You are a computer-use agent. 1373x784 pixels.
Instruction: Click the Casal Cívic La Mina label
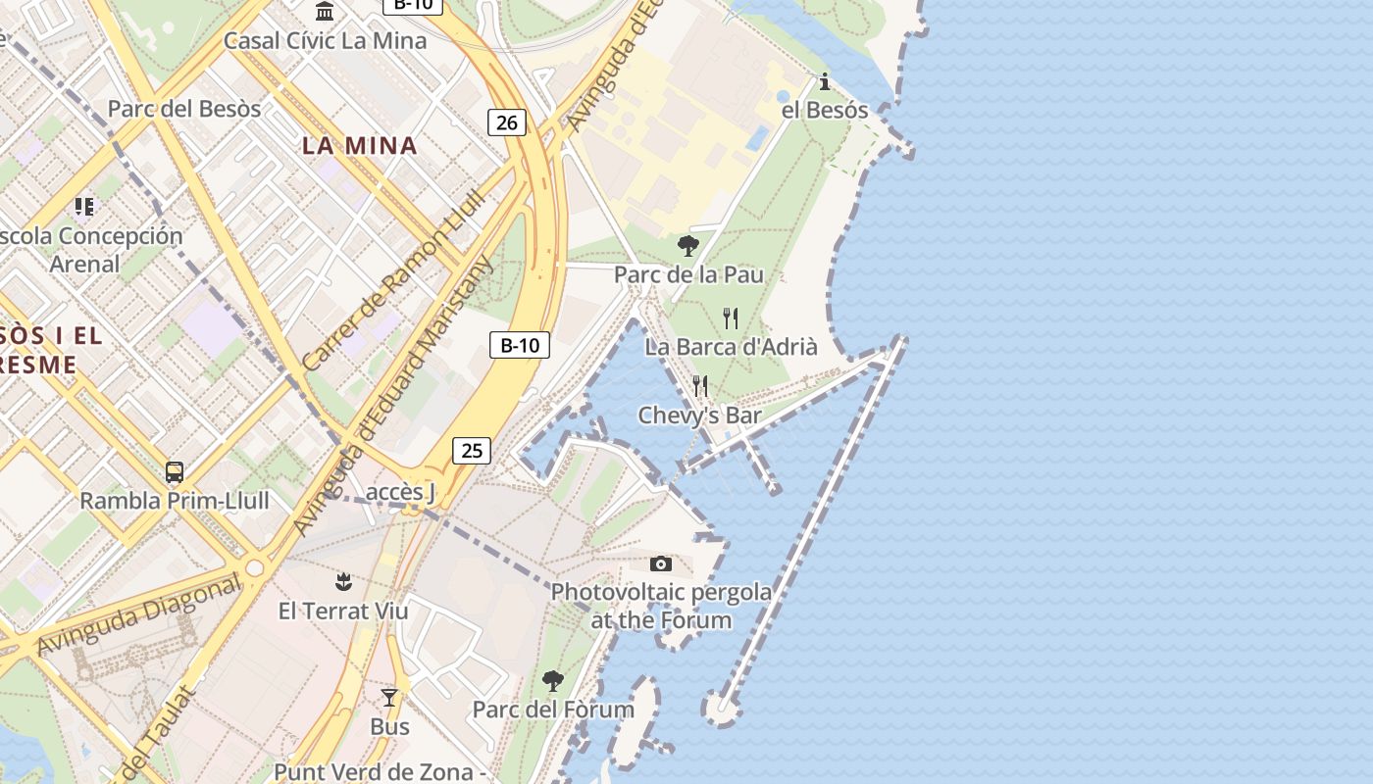[325, 41]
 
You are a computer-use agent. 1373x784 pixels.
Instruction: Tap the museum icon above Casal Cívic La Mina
[325, 12]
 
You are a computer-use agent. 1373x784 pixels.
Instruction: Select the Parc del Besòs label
[184, 109]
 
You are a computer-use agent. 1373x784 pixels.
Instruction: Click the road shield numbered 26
[506, 122]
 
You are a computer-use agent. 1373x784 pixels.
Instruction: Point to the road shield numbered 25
[472, 451]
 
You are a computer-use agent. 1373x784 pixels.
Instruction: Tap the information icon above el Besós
[825, 81]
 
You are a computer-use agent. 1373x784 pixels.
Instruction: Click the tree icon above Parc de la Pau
[688, 246]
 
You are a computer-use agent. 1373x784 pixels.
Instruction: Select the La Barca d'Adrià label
[731, 346]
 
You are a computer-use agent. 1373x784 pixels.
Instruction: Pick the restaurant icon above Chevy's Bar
[700, 386]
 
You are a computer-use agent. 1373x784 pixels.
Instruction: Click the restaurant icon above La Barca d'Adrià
[730, 318]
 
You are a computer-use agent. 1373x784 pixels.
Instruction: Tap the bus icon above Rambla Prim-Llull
[175, 472]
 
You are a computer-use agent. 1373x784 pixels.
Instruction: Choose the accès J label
[400, 491]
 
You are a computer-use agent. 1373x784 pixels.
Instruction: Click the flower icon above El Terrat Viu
[343, 582]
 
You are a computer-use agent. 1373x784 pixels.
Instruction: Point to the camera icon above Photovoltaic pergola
[661, 563]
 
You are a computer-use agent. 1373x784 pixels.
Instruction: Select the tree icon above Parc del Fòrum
[553, 680]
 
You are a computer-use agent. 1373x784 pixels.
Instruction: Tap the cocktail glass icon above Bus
[389, 698]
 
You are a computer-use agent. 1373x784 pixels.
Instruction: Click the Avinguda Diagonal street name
[138, 615]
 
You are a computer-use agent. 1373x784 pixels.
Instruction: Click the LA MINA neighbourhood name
[360, 146]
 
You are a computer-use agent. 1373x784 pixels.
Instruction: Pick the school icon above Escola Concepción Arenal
[84, 207]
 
